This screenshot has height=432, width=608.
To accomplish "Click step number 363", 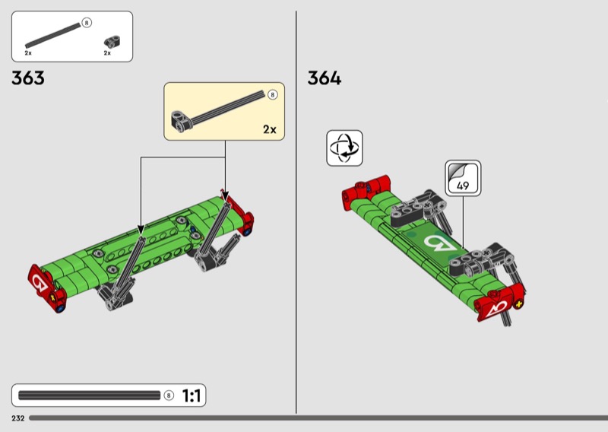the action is point(28,78).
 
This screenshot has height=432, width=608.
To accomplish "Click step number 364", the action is point(325,78).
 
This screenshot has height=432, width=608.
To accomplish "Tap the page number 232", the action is point(17,418).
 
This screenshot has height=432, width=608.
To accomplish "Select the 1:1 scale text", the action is point(192,396).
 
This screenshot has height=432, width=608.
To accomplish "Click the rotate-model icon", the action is point(344,148).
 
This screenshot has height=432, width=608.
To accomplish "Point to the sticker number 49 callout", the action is point(463,178).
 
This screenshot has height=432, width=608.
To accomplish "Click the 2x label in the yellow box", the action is point(270,129).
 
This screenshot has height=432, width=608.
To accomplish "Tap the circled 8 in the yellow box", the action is point(273,95).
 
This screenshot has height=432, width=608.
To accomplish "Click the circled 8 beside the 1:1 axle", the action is point(168,395).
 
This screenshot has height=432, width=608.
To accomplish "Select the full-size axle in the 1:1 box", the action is point(89,395).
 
